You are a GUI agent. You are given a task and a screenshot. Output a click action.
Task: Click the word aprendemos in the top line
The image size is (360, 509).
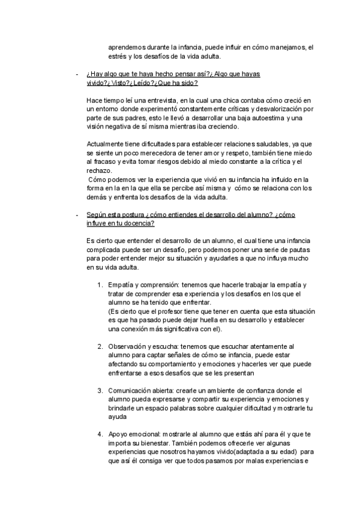[x=128, y=47]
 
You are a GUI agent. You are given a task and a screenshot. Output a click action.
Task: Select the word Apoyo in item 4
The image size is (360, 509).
[x=118, y=433]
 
